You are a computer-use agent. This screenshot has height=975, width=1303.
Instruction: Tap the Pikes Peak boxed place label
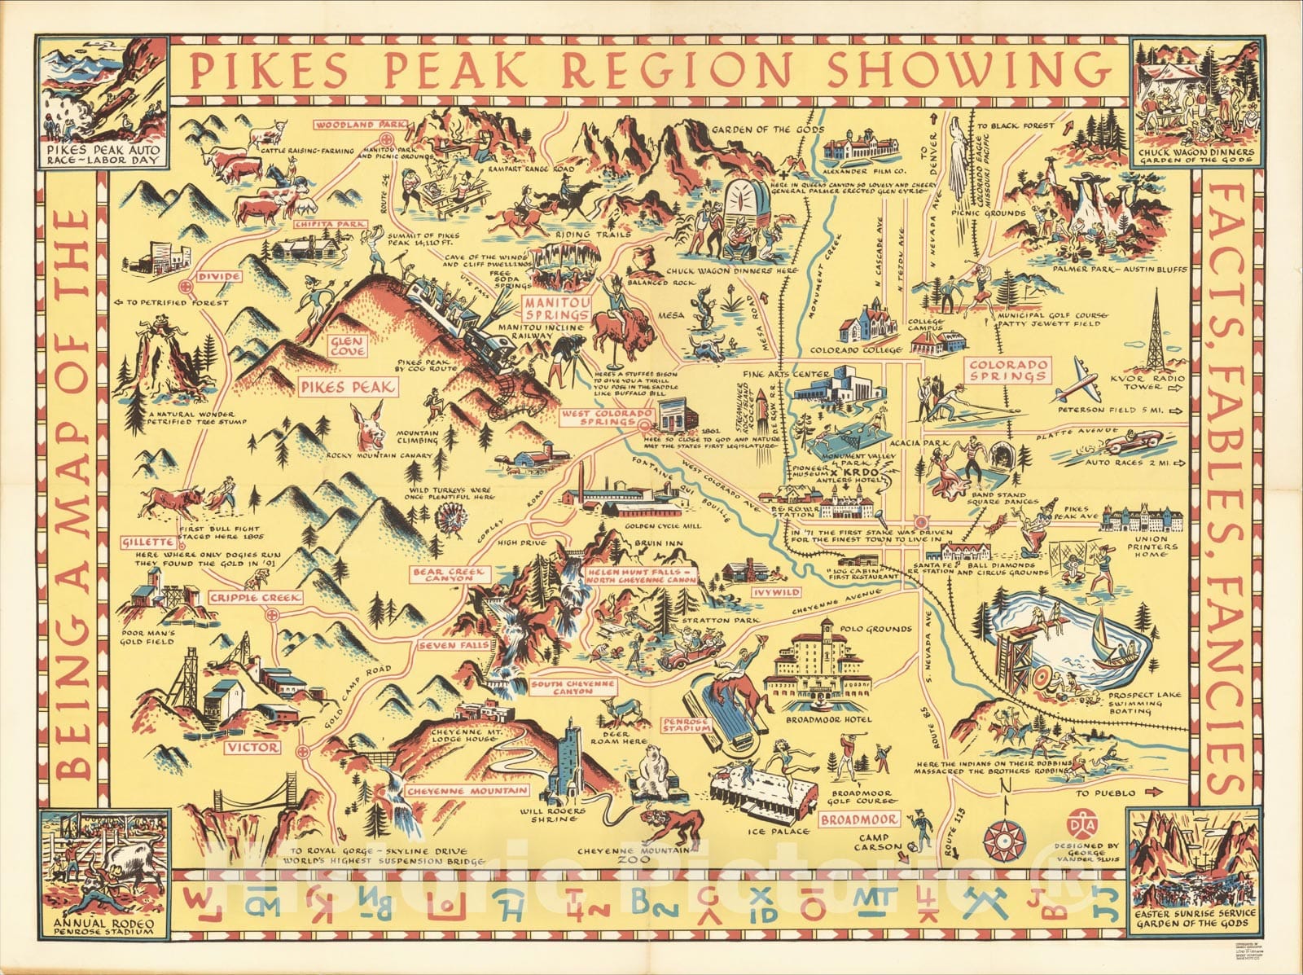coord(348,388)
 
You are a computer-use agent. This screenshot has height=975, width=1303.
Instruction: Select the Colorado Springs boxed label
coord(1007,371)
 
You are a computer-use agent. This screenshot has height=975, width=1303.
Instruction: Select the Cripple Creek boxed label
coord(254,598)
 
